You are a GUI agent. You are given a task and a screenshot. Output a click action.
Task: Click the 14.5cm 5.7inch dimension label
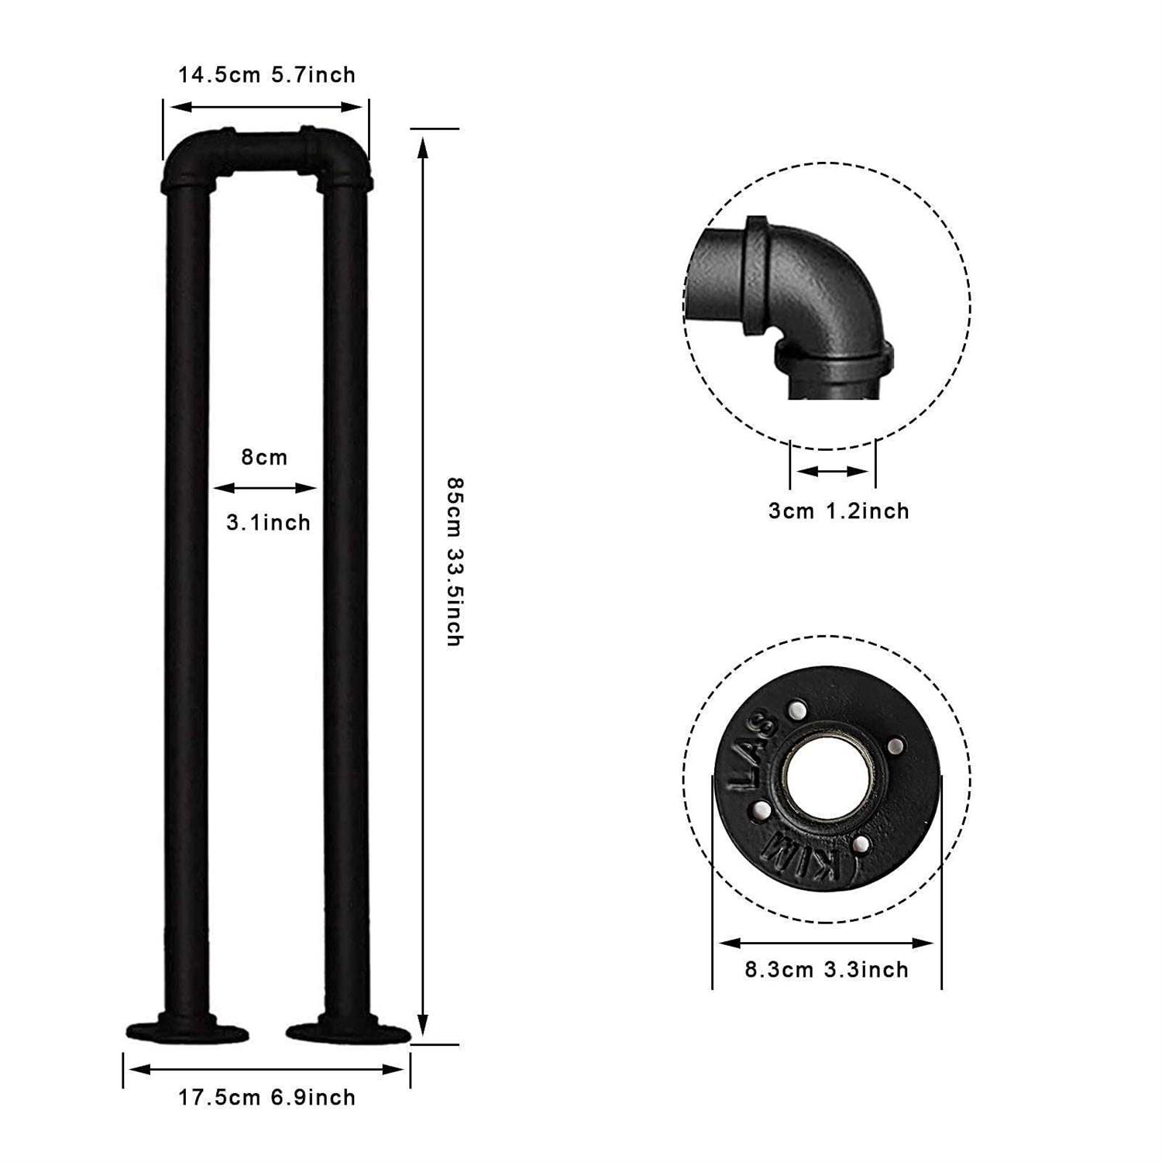click(266, 75)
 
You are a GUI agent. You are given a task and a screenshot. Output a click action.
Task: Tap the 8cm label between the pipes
click(264, 457)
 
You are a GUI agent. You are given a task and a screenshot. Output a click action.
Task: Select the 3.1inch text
click(268, 522)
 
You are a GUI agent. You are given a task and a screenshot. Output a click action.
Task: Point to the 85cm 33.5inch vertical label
click(455, 562)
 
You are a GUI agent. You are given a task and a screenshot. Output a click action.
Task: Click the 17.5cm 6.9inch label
click(266, 1097)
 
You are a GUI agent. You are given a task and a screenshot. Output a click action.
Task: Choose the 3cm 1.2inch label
click(838, 511)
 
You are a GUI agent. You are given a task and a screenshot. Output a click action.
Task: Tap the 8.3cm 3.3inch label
click(827, 969)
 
